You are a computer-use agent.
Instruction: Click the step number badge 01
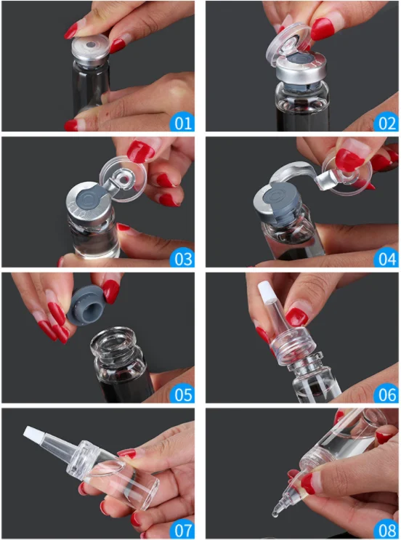point(182,123)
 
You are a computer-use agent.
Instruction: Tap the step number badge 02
point(386,123)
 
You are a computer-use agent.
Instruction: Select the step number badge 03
point(182,258)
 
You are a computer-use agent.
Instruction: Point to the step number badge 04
point(386,258)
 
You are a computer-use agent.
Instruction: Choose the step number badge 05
point(182,394)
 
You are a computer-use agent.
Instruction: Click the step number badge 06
point(386,394)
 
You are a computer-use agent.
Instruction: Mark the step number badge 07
point(182,530)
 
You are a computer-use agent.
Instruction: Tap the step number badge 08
point(386,530)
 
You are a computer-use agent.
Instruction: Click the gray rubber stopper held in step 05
point(85,305)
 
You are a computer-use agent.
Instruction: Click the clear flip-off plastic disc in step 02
point(288,44)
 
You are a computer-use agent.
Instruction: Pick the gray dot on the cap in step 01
point(92,45)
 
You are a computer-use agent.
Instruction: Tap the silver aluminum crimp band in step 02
point(301,70)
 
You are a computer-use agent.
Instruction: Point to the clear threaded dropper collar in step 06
point(294,346)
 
